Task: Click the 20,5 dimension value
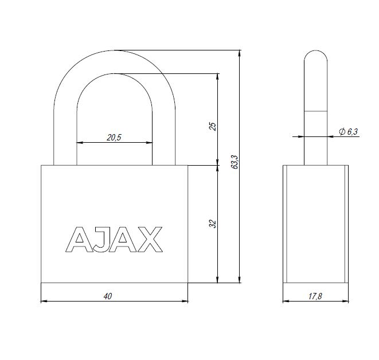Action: pyautogui.click(x=114, y=137)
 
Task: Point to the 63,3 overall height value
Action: pyautogui.click(x=234, y=162)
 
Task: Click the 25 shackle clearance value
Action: pyautogui.click(x=212, y=126)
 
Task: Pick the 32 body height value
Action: pyautogui.click(x=212, y=224)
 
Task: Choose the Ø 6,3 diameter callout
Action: pyautogui.click(x=348, y=132)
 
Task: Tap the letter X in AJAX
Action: pyautogui.click(x=149, y=240)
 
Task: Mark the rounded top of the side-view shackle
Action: pyautogui.click(x=315, y=57)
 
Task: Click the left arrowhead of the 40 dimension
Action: pyautogui.click(x=44, y=301)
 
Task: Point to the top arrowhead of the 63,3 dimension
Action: pyautogui.click(x=239, y=53)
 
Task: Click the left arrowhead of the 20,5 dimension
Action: pyautogui.click(x=79, y=142)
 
